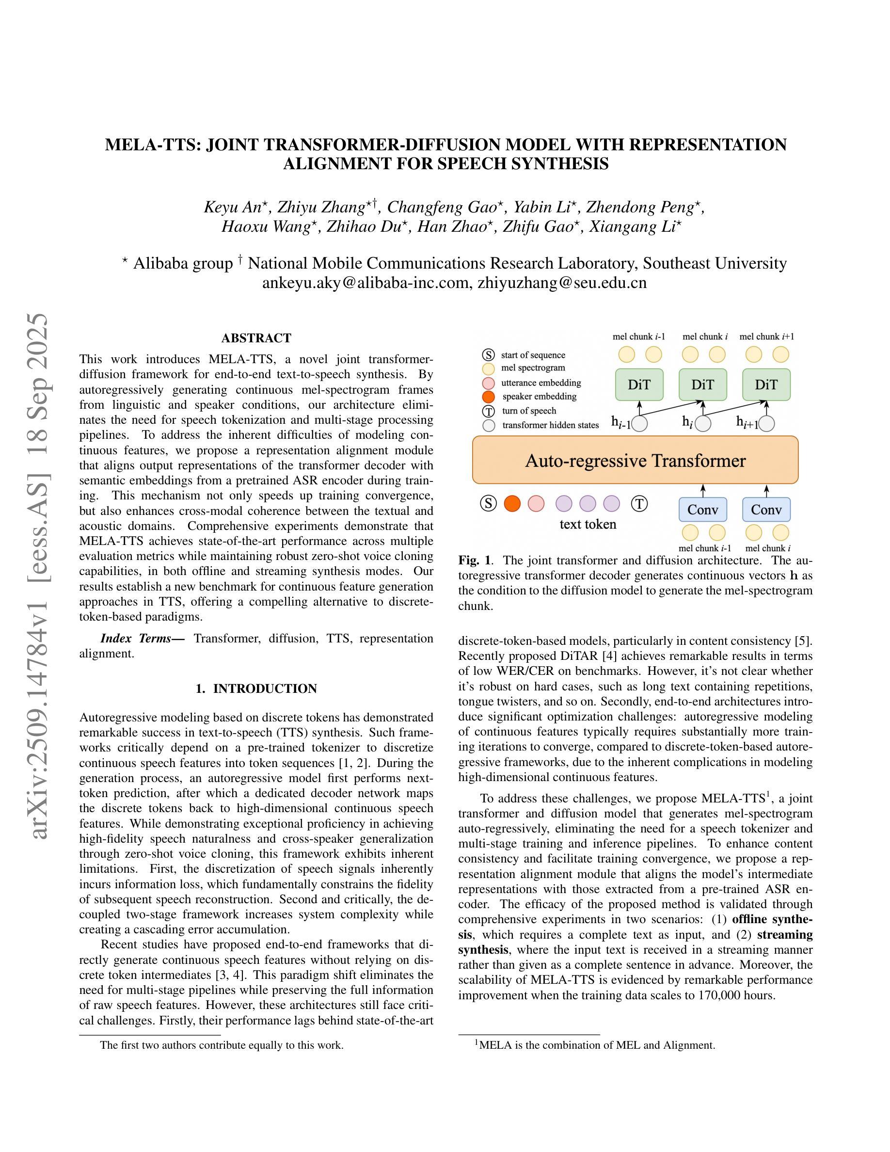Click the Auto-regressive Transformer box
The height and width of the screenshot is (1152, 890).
(635, 460)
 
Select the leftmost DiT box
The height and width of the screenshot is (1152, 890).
(639, 384)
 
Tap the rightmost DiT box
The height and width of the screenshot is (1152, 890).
(766, 384)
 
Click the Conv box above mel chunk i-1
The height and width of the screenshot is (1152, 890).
(703, 510)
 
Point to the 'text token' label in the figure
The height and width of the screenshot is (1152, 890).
(588, 524)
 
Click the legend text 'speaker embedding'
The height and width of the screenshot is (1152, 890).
(539, 397)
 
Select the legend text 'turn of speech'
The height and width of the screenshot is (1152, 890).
(529, 411)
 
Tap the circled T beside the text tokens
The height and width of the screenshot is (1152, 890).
(639, 504)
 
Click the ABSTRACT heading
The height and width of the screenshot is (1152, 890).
(256, 338)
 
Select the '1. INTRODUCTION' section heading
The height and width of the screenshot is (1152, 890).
(256, 689)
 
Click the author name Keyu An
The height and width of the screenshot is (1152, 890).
(232, 208)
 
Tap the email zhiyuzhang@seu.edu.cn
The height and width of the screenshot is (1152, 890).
(561, 283)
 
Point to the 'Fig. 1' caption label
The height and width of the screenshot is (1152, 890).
(474, 560)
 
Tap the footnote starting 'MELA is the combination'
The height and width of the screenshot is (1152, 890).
(596, 1045)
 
